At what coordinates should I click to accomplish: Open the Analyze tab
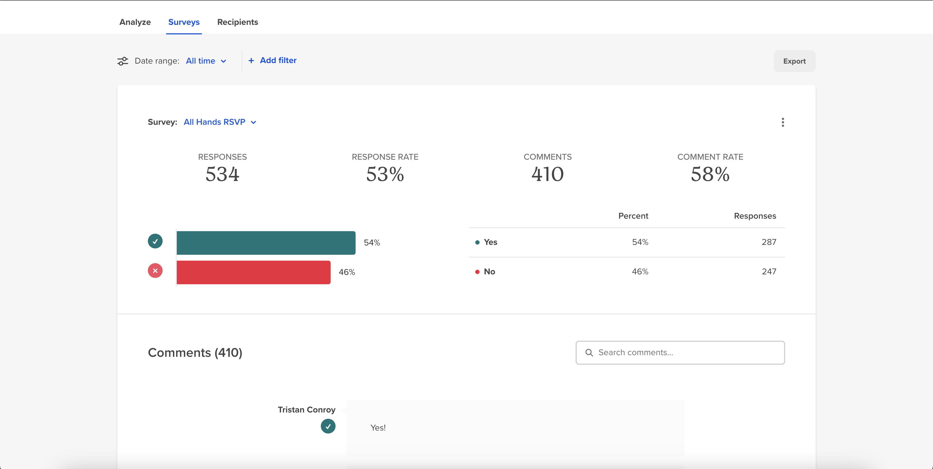point(135,22)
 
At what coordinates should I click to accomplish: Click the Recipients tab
point(238,22)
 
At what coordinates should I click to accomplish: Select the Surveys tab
point(184,22)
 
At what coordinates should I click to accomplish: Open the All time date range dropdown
point(206,61)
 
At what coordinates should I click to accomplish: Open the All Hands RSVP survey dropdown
point(220,122)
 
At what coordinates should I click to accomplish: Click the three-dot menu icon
point(783,122)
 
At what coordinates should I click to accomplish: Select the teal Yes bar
point(266,243)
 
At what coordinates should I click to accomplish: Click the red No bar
point(253,272)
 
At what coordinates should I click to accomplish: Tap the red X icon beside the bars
point(155,271)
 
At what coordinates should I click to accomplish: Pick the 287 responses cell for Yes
point(768,242)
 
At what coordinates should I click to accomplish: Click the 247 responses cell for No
point(768,271)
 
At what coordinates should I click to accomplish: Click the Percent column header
point(633,216)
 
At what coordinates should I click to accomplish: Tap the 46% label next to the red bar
point(347,272)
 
